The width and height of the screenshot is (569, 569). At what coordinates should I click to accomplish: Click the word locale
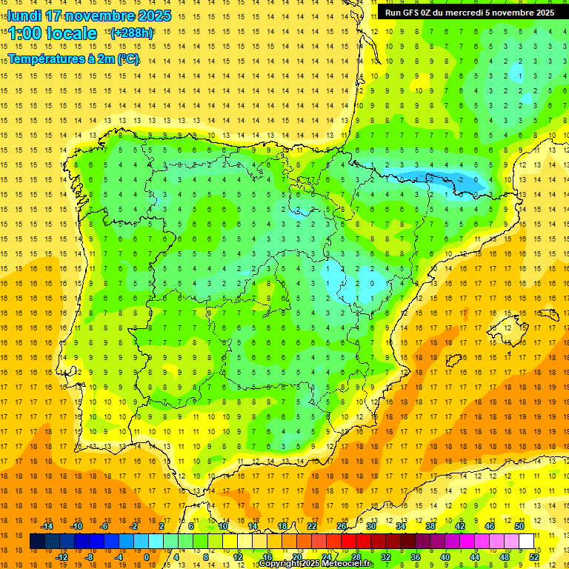click(x=71, y=33)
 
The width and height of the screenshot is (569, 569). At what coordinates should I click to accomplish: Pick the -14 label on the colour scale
click(x=47, y=526)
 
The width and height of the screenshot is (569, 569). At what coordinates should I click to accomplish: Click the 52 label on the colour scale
click(x=534, y=556)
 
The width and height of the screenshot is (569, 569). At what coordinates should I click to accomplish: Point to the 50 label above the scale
click(x=519, y=526)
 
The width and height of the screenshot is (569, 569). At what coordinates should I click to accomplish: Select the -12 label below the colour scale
click(x=61, y=556)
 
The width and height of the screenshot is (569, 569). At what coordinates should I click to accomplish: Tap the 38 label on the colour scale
click(x=430, y=526)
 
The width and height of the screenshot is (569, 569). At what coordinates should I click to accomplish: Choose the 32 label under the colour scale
click(x=386, y=556)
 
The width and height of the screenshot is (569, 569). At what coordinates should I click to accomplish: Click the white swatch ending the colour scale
click(x=527, y=541)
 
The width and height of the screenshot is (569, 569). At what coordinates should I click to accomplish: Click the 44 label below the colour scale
click(x=475, y=556)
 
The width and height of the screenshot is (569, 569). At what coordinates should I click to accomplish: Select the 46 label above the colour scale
click(x=490, y=526)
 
